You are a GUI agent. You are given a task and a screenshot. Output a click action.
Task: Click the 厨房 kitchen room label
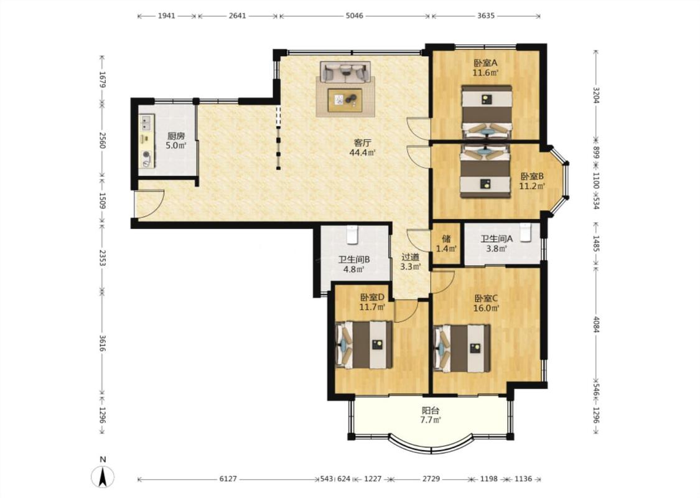(x=175, y=136)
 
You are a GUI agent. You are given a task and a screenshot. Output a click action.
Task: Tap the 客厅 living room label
(x=362, y=143)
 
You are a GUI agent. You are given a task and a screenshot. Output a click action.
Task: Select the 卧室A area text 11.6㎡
(x=486, y=72)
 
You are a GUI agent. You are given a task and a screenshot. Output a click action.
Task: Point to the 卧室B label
(x=532, y=176)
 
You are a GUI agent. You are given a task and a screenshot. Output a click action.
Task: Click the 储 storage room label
(x=446, y=238)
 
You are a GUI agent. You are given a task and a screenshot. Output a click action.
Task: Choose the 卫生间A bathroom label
(x=497, y=239)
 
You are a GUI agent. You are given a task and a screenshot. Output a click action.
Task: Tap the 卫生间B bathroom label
(x=353, y=260)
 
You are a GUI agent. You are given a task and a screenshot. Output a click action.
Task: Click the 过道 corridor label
(x=410, y=257)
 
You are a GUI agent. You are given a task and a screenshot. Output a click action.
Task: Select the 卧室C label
(x=486, y=298)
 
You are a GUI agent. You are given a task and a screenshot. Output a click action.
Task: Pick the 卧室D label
(x=372, y=297)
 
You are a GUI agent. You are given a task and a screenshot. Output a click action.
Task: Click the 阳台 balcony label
(x=431, y=410)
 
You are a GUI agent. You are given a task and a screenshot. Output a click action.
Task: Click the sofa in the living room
(x=345, y=72)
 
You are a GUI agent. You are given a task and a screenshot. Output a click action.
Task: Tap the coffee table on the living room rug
(x=345, y=100)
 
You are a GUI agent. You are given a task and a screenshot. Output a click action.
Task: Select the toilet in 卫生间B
(x=353, y=235)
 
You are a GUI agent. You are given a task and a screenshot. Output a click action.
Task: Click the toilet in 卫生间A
(x=525, y=233)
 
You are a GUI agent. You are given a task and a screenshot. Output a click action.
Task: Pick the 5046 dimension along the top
(x=355, y=16)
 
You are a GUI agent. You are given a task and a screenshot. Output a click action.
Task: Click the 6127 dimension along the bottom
(x=228, y=479)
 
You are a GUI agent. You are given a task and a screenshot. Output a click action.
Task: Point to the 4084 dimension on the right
(x=595, y=325)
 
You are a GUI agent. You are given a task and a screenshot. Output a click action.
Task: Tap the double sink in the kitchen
(x=146, y=122)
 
